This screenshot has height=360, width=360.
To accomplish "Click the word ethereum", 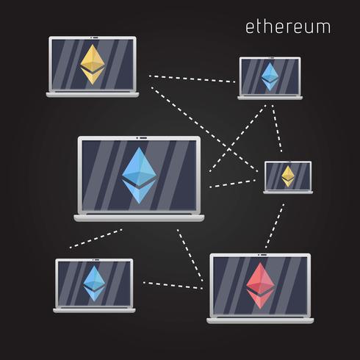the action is [288, 26].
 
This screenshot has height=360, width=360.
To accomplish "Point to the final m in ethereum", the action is [323, 29].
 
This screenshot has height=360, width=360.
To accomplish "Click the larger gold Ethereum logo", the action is [93, 65].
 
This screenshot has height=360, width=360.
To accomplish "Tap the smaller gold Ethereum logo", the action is [288, 176].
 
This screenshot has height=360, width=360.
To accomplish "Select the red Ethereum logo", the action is [260, 286].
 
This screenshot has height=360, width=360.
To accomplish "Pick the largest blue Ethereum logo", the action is [139, 176].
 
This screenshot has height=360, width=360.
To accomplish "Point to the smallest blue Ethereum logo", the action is [270, 76].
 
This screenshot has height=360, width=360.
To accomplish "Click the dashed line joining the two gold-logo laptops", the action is [204, 129].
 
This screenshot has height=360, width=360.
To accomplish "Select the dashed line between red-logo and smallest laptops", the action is [275, 226].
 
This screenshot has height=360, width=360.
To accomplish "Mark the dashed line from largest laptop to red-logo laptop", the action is [190, 256].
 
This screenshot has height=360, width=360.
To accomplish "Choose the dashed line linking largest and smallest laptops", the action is [232, 184].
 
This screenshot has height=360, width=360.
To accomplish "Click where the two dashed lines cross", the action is [229, 148].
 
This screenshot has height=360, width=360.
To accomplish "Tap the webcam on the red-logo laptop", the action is [263, 255].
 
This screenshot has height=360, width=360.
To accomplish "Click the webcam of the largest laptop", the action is [142, 138].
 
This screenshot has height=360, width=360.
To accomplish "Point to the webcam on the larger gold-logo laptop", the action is [94, 37].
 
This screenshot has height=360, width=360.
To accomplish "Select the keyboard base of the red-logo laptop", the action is [260, 320].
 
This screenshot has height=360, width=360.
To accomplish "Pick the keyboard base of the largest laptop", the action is [139, 218].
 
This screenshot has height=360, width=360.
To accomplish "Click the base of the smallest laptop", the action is [288, 192].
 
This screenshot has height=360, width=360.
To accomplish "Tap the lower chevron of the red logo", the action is [260, 299].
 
